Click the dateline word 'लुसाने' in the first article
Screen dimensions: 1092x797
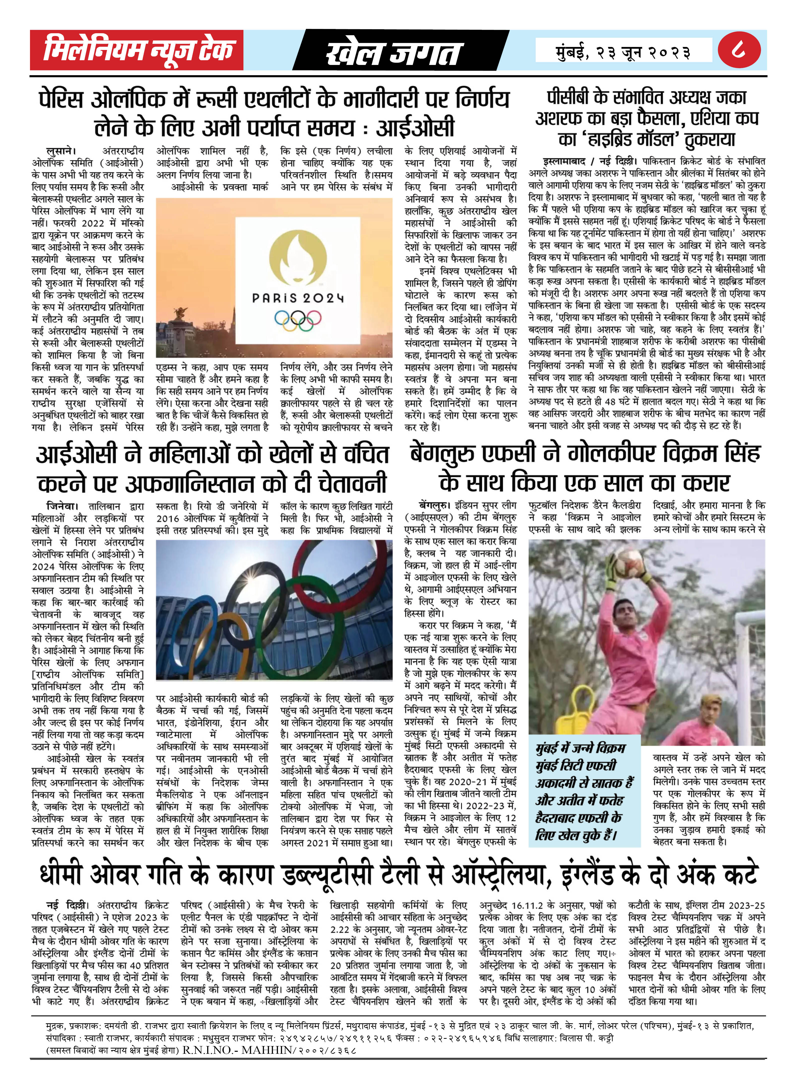61,151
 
